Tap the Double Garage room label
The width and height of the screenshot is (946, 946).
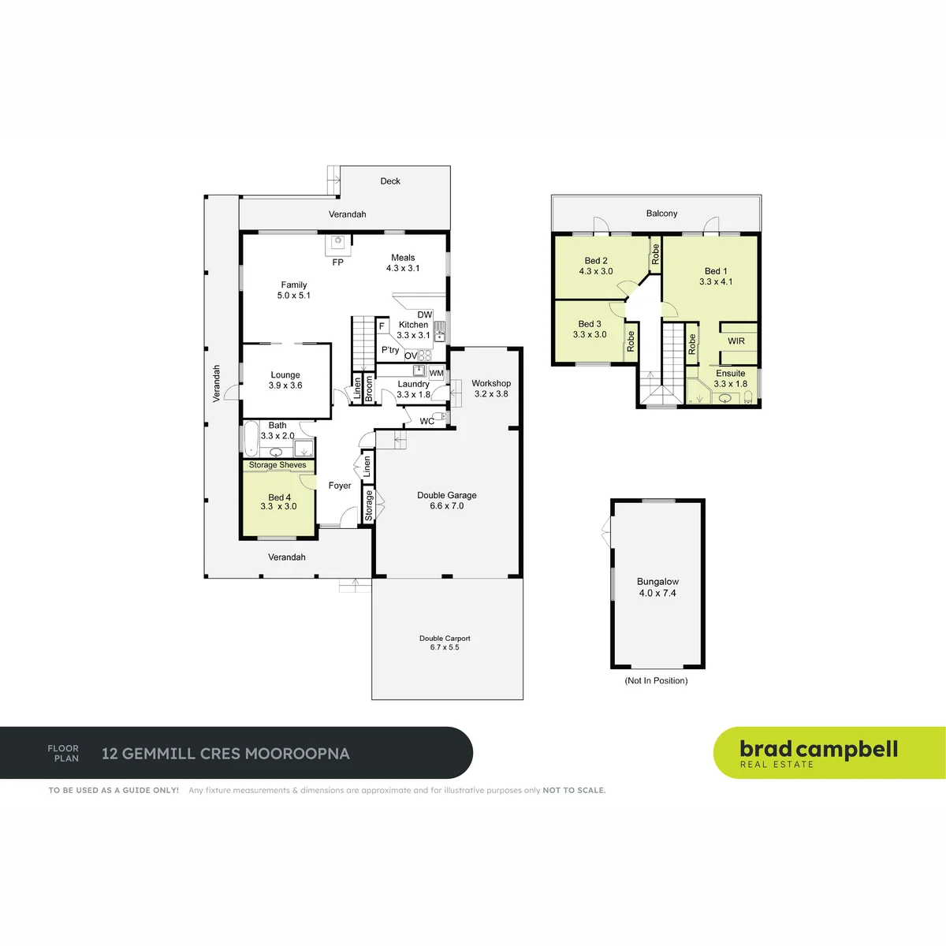point(447,501)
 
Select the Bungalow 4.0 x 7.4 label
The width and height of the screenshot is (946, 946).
point(657,587)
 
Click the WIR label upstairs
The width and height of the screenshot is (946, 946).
point(736,341)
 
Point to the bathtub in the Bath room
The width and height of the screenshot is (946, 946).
point(251,438)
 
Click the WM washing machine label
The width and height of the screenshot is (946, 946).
point(436,373)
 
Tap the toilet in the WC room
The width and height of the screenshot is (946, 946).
point(440,417)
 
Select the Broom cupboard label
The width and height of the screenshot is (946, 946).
point(369,389)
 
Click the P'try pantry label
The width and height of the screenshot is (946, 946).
point(390,350)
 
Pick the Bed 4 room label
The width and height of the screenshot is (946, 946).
point(279,501)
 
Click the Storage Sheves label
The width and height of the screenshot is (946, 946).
point(277,465)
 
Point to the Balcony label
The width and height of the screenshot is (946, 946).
point(661,214)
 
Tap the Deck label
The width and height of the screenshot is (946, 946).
point(390,181)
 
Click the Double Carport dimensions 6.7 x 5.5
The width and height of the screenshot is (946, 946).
point(445,647)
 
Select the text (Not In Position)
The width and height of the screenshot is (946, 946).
point(656,680)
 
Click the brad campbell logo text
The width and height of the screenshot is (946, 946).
point(819,750)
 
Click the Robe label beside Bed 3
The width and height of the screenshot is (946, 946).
point(631,341)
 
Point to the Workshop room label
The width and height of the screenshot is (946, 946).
point(491,389)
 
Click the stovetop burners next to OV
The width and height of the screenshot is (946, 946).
point(425,356)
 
